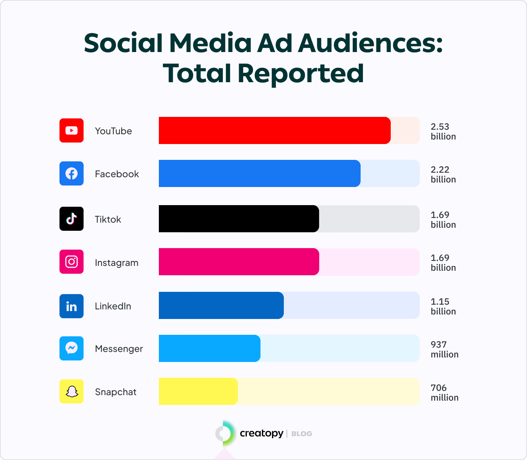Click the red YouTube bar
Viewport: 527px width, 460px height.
(x=274, y=130)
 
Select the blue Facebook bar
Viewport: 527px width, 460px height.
(x=259, y=173)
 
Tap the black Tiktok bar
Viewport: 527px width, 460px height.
(x=239, y=219)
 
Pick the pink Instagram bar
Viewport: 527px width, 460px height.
(x=239, y=262)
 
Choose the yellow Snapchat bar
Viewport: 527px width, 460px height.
(x=198, y=391)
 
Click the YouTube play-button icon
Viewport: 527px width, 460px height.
(x=72, y=130)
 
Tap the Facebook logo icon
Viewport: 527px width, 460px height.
(x=72, y=173)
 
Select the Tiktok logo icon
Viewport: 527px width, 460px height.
(x=72, y=219)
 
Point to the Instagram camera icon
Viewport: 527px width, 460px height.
(x=72, y=262)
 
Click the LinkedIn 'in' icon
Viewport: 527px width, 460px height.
(x=72, y=306)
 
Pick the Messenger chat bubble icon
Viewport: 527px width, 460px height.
(x=72, y=348)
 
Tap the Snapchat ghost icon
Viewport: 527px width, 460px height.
(x=72, y=391)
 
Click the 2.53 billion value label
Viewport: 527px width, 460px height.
(x=443, y=132)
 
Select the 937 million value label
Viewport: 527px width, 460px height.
(x=444, y=350)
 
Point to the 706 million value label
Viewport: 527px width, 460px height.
(x=444, y=393)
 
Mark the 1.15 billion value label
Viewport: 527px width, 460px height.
(x=443, y=307)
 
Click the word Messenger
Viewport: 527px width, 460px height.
(x=119, y=349)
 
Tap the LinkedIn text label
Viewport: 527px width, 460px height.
(x=113, y=306)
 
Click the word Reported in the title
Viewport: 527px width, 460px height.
(x=300, y=73)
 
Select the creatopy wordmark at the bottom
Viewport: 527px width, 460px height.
(x=261, y=434)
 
